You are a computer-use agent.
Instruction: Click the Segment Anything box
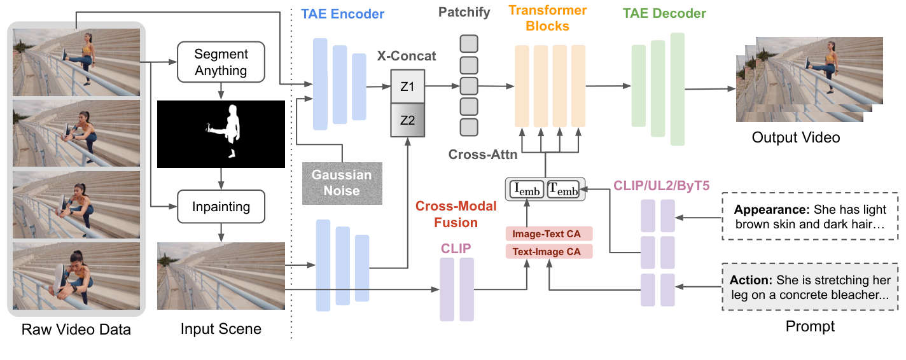(221, 62)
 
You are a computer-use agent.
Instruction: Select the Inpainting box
(221, 207)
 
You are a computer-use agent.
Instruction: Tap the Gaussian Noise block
(342, 183)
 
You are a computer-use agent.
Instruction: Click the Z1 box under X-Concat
(407, 87)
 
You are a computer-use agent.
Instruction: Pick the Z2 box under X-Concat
(407, 120)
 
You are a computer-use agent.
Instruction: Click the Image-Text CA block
(548, 234)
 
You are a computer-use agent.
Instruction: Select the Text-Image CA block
(548, 251)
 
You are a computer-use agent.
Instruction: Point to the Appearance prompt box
(814, 217)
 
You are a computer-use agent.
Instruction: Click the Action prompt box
(814, 287)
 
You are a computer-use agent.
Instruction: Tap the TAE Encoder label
(342, 13)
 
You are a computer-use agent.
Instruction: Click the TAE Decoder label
(664, 13)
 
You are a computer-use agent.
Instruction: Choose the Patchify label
(464, 13)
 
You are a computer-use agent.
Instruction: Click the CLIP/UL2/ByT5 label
(662, 185)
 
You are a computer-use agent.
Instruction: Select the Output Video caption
(795, 137)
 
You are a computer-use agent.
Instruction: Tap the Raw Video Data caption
(76, 329)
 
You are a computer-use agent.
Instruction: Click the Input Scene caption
(221, 329)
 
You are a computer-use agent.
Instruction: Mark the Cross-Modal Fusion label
(446, 214)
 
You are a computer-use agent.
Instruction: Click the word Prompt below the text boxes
(811, 326)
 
